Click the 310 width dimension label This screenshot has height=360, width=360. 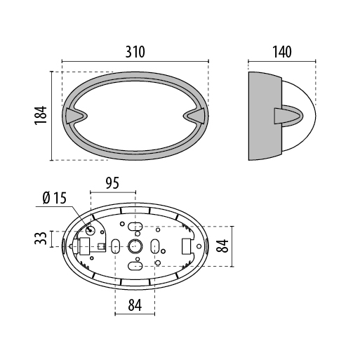pos(135,52)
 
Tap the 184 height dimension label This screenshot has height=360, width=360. pos(41,115)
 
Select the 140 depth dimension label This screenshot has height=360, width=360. pos(282,52)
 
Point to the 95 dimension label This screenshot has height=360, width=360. pos(112,183)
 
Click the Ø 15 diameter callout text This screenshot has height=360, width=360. pos(55,198)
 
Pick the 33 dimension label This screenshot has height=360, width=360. pos(41,239)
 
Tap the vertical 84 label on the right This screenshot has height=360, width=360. pos(222,246)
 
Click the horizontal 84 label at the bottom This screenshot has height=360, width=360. pos(135,305)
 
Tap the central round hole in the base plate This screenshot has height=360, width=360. pos(135,246)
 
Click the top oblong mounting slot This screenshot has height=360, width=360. pos(135,227)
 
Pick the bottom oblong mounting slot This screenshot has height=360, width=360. pos(135,266)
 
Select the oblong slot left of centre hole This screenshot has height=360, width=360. pos(115,246)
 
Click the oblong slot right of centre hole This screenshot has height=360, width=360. pos(155,246)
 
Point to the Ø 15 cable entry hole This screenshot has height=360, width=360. pos(90,231)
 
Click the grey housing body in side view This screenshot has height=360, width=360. pos(265,116)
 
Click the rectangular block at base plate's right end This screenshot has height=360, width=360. pos(187,246)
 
